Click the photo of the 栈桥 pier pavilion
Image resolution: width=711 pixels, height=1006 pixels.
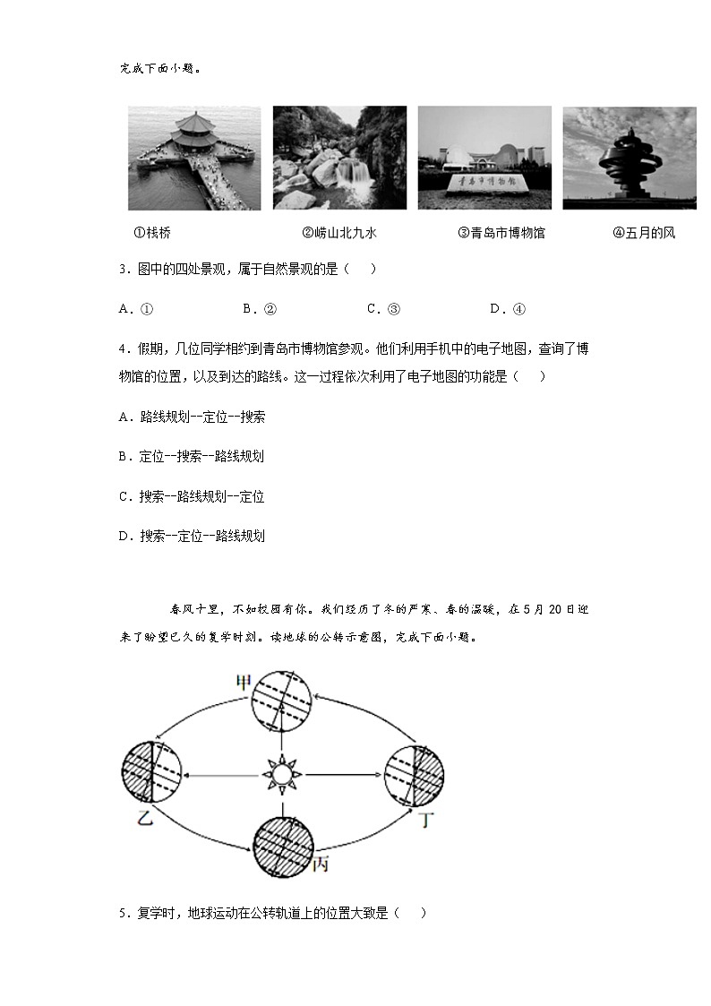[194, 159]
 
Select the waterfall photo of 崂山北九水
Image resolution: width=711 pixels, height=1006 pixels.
[339, 159]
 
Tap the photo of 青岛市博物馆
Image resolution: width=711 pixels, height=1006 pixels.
[484, 159]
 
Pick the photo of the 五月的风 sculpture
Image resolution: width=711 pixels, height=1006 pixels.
[629, 159]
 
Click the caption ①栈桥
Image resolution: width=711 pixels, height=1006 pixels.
[152, 233]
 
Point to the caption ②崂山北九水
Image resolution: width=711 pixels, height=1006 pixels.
[339, 233]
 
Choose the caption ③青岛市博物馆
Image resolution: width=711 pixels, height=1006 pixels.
[501, 233]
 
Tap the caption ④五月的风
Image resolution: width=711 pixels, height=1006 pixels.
[644, 233]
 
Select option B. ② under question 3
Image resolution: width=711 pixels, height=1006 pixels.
[259, 309]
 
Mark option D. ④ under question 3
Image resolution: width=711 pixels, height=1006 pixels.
[507, 309]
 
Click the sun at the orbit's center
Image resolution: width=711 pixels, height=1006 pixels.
[282, 771]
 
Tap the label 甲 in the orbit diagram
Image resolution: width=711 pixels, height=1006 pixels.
[244, 683]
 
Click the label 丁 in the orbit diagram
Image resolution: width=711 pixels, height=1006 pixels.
[430, 818]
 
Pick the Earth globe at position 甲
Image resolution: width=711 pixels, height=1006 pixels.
[281, 702]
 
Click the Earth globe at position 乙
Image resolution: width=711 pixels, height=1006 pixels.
[152, 771]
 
